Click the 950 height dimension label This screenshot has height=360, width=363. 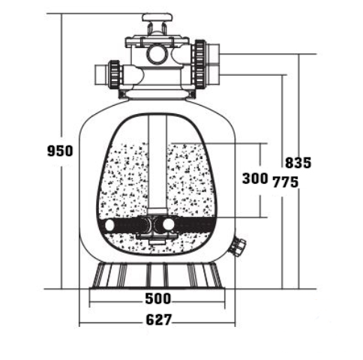(60, 151)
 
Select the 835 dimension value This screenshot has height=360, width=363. (298, 163)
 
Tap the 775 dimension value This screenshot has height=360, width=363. (285, 181)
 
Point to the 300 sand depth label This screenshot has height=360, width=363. (255, 178)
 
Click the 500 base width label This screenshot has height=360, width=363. (158, 298)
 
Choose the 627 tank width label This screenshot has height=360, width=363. (159, 319)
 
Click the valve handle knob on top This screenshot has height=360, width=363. (157, 18)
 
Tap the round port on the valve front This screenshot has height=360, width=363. (157, 54)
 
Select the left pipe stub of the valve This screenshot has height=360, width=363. (101, 75)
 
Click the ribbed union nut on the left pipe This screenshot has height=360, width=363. (115, 74)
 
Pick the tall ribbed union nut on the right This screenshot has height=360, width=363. (199, 64)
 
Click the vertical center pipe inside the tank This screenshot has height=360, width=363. (157, 162)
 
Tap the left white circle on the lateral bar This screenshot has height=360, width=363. (109, 225)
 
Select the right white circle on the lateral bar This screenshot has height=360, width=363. (169, 224)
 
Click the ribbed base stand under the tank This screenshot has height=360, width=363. (157, 276)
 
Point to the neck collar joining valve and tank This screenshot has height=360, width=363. (157, 94)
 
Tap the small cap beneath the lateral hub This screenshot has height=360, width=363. (156, 241)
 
